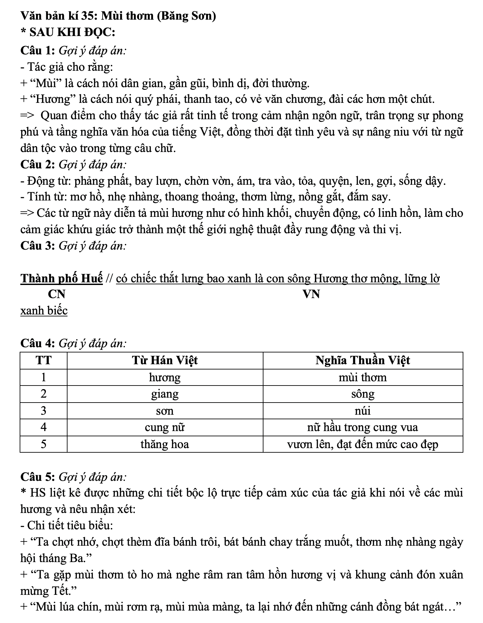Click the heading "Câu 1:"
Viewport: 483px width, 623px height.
38,51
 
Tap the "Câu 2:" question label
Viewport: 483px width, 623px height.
38,164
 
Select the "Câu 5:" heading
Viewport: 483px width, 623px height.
38,477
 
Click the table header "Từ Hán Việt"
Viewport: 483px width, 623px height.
165,361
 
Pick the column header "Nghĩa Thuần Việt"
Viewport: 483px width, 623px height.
363,361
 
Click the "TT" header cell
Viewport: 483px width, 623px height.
44,361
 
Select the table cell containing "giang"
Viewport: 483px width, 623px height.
165,394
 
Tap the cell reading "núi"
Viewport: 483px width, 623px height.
363,411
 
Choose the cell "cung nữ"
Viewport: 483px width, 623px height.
165,427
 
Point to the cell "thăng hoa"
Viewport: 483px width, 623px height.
165,444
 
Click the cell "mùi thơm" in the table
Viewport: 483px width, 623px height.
363,377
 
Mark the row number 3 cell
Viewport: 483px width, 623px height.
44,411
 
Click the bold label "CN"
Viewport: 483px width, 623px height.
57,294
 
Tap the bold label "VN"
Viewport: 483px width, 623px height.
311,294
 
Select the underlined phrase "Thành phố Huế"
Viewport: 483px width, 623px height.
62,278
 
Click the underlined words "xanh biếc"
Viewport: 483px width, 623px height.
44,311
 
